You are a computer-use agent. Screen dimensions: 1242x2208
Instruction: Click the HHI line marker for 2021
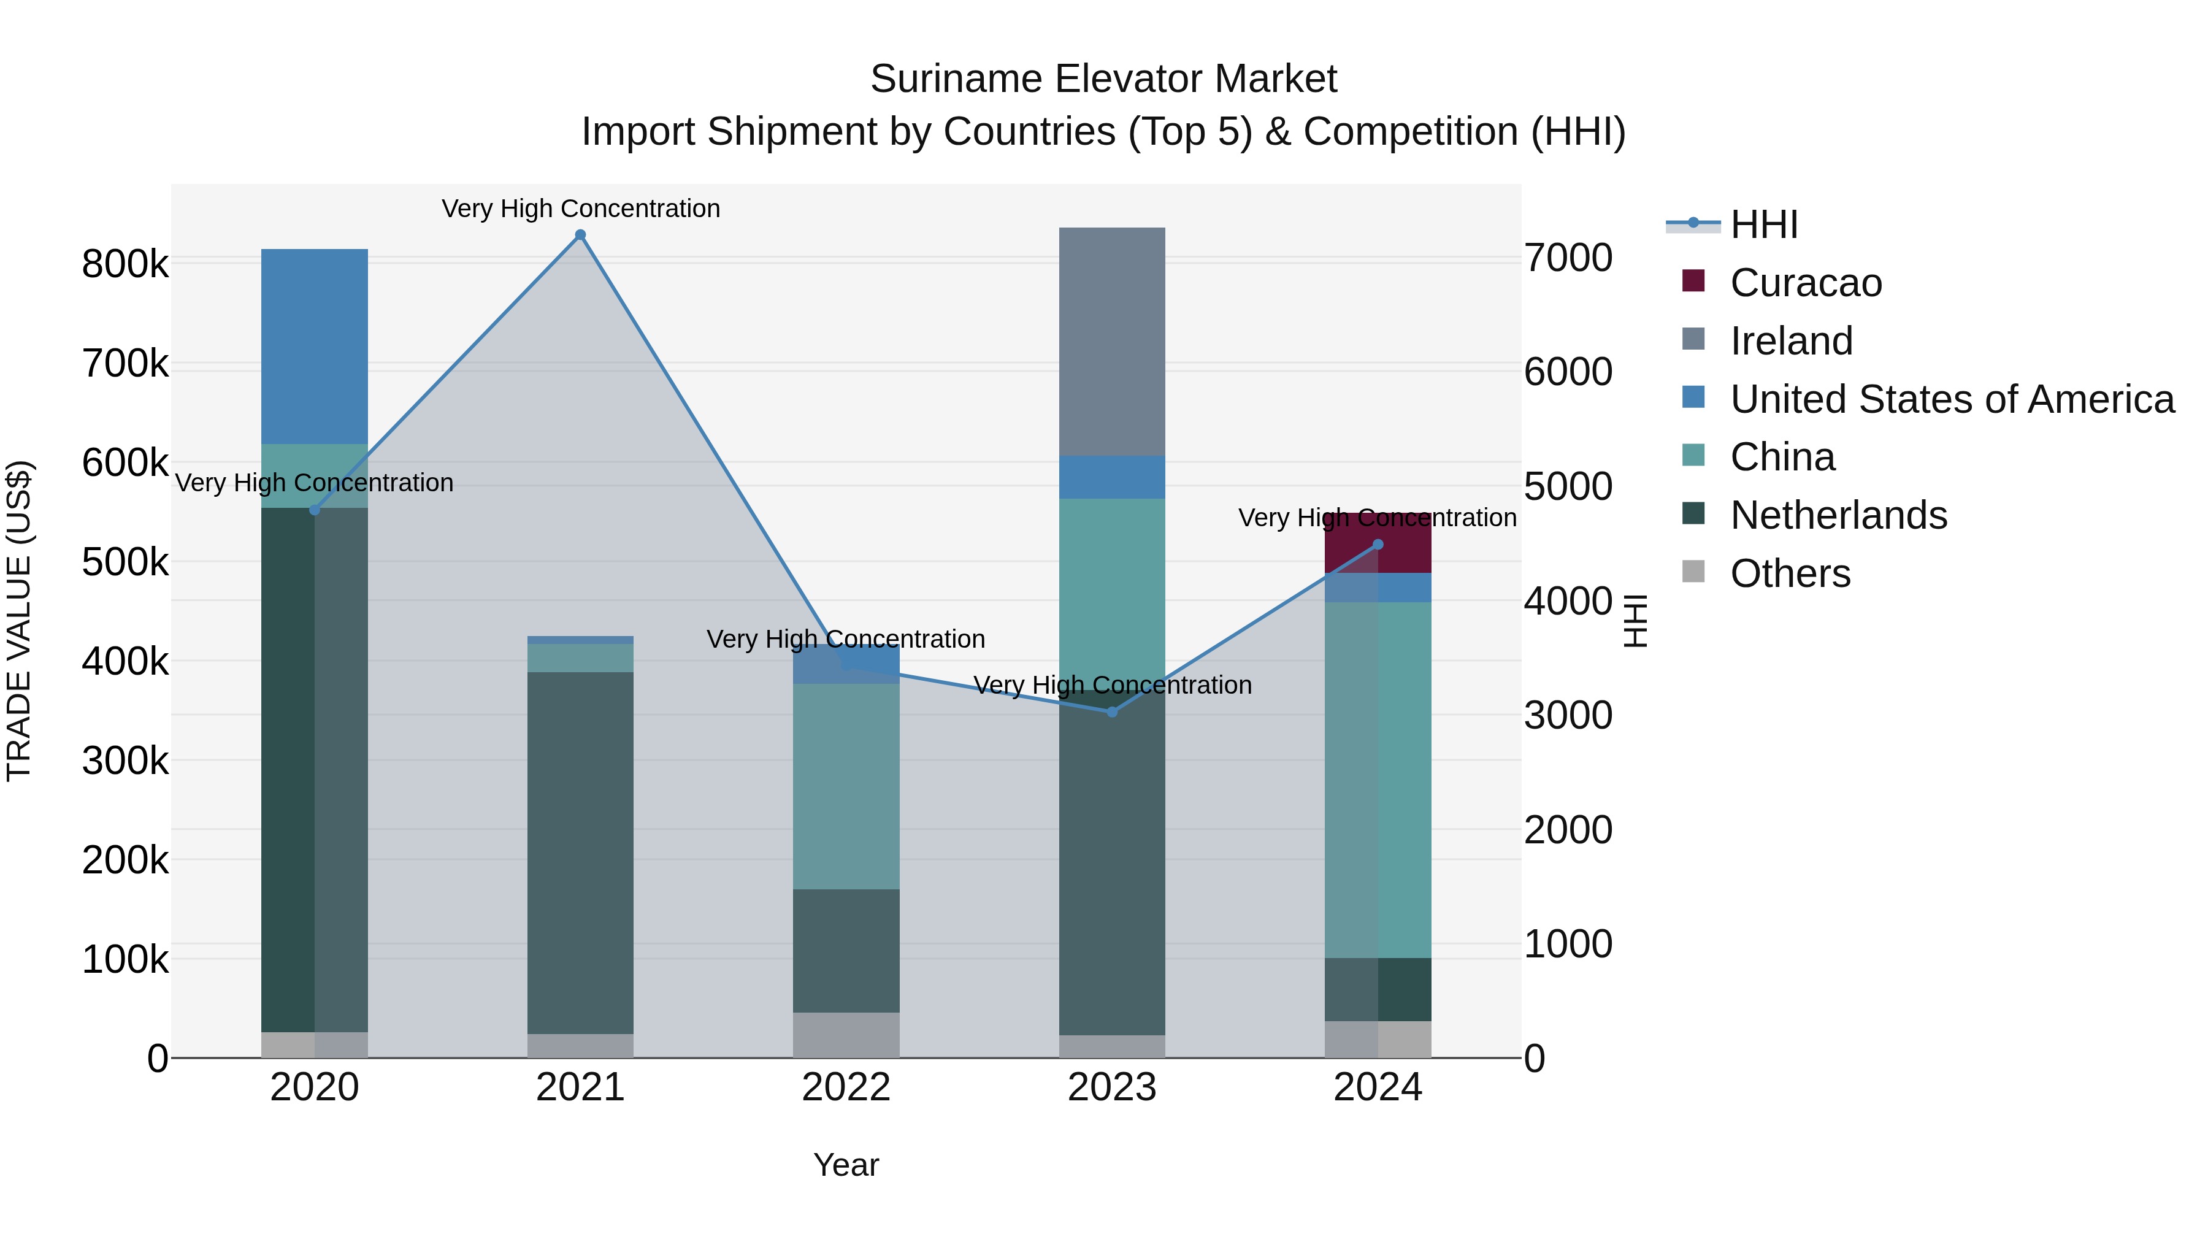(x=580, y=235)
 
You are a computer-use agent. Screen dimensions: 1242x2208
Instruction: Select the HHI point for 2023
(x=1113, y=712)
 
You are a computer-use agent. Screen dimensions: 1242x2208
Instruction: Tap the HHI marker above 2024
(x=1378, y=544)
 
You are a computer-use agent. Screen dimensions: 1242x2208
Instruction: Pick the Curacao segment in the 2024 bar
(x=1378, y=557)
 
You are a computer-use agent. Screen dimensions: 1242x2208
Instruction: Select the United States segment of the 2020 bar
(x=315, y=347)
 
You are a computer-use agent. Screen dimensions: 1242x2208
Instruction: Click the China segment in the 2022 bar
(x=846, y=786)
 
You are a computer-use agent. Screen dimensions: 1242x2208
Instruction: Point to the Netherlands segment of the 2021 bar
(x=580, y=853)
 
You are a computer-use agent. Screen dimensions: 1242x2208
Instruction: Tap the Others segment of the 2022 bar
(x=846, y=1035)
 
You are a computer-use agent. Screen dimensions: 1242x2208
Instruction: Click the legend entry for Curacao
(x=1805, y=283)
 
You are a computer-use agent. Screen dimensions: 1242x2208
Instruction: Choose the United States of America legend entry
(x=1952, y=399)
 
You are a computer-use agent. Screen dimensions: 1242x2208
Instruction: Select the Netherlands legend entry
(x=1838, y=515)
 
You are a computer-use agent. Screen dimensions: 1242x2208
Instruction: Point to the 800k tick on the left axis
(x=125, y=264)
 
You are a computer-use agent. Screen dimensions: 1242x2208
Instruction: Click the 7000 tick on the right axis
(x=1568, y=258)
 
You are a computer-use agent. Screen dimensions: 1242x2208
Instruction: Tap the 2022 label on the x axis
(x=846, y=1087)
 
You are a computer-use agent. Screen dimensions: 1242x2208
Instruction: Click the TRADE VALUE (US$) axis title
(x=19, y=621)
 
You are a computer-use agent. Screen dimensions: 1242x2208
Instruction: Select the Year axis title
(x=846, y=1165)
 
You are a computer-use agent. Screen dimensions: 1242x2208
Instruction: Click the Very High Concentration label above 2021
(x=580, y=209)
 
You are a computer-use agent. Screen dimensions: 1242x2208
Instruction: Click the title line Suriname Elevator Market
(x=1103, y=79)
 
